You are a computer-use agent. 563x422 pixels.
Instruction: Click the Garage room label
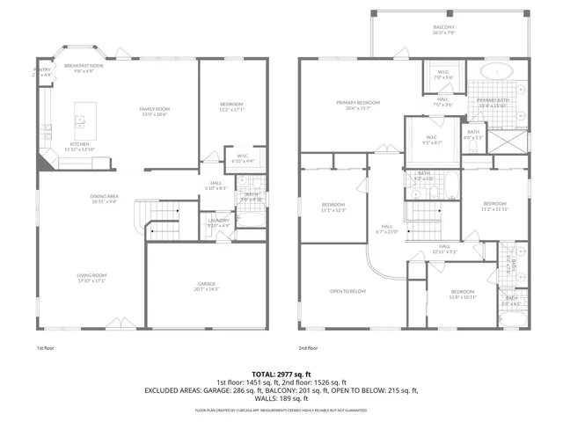206,287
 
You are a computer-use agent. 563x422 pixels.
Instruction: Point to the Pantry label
42,71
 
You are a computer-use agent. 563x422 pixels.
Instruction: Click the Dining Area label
104,199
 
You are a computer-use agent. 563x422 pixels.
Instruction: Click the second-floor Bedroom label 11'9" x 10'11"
463,295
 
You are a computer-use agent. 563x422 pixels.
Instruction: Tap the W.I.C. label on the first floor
242,159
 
